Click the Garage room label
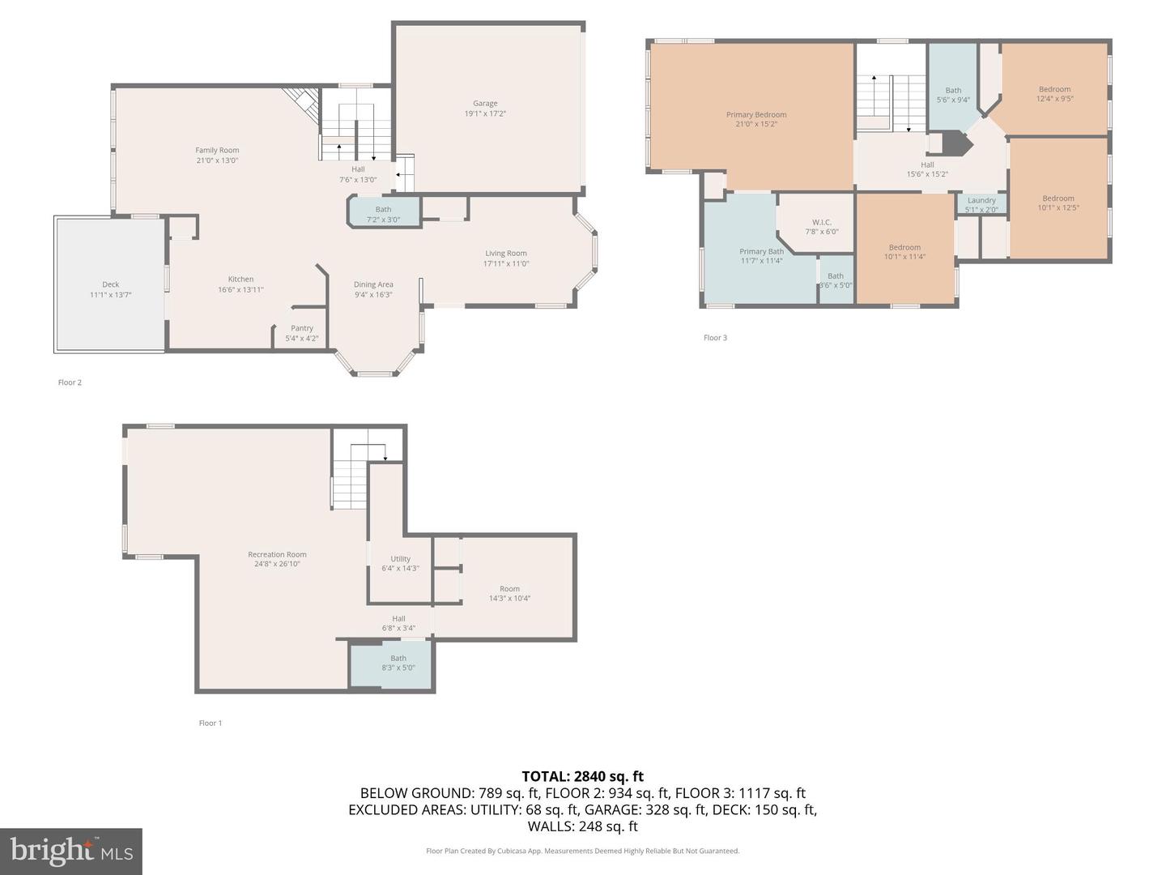485,104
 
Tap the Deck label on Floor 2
110,284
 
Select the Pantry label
302,328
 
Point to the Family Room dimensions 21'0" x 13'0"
217,160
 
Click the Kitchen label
240,280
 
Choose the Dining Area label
373,284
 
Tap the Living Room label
506,254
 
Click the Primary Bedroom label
756,115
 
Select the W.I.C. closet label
822,222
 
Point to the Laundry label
981,200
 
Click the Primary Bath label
761,251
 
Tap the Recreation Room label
277,555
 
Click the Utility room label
400,559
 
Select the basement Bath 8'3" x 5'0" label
398,663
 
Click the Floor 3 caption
715,338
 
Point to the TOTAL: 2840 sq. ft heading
583,777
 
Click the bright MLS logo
71,852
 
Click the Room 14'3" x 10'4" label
509,593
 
